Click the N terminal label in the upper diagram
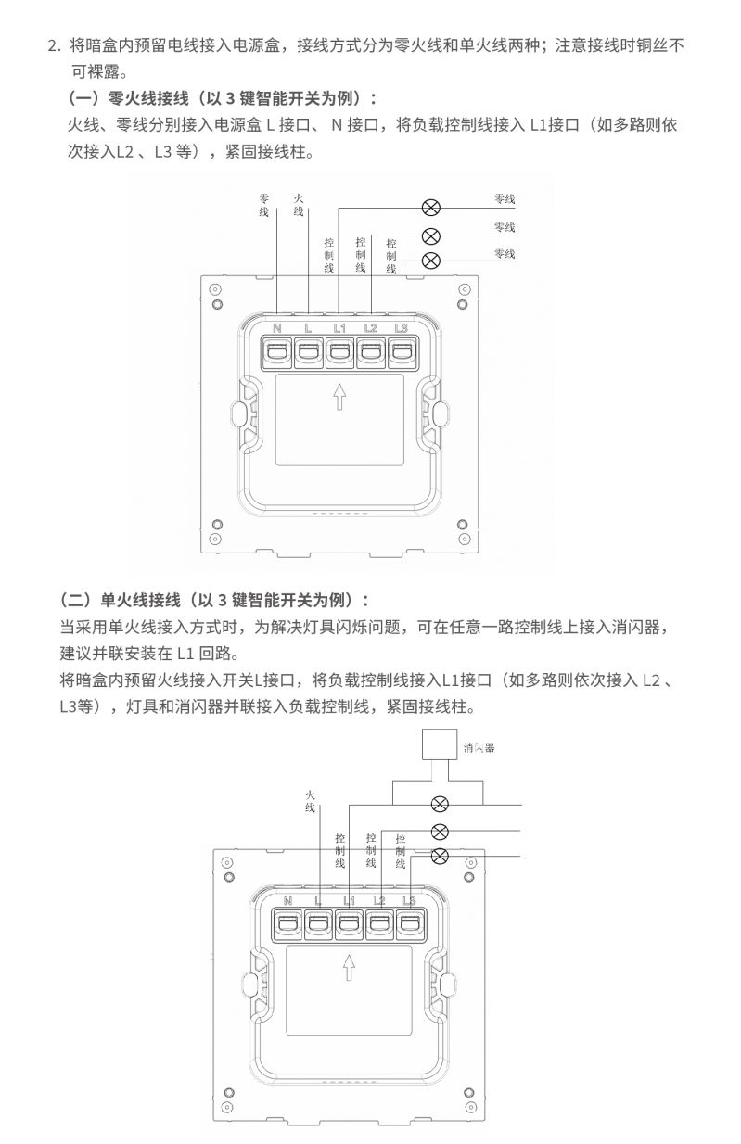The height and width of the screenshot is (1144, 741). pyautogui.click(x=277, y=328)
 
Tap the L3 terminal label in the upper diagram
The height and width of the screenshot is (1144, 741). pyautogui.click(x=402, y=328)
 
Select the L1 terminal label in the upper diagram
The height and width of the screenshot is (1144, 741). pyautogui.click(x=339, y=328)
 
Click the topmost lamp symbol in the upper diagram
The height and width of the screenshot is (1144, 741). pyautogui.click(x=431, y=208)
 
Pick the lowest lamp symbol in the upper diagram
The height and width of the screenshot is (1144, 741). pyautogui.click(x=431, y=261)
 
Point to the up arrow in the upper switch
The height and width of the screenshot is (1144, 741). pyautogui.click(x=339, y=397)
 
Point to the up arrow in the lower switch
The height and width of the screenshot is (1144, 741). pyautogui.click(x=349, y=967)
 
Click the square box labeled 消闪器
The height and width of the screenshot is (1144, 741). pyautogui.click(x=439, y=744)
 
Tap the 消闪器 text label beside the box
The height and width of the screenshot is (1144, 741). pyautogui.click(x=479, y=748)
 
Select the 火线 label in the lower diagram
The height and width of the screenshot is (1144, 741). pyautogui.click(x=310, y=801)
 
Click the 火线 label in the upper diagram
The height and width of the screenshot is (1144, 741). pyautogui.click(x=299, y=205)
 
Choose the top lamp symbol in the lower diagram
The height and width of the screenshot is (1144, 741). pyautogui.click(x=440, y=805)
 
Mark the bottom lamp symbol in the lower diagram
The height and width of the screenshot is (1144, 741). pyautogui.click(x=440, y=856)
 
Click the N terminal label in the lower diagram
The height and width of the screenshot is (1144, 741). pyautogui.click(x=287, y=901)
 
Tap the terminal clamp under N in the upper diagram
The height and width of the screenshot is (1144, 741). pyautogui.click(x=277, y=352)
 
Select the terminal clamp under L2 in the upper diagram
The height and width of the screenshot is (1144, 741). pyautogui.click(x=371, y=352)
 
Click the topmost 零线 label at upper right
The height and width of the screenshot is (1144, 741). pyautogui.click(x=505, y=198)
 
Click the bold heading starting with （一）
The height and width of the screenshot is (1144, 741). pyautogui.click(x=223, y=98)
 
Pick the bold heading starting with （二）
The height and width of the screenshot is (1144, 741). pyautogui.click(x=214, y=600)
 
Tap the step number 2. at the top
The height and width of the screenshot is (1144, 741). pyautogui.click(x=54, y=46)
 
